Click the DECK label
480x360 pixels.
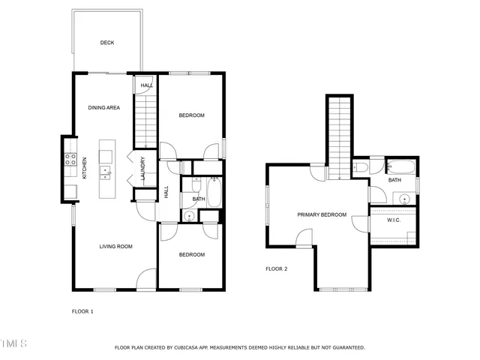[107, 43]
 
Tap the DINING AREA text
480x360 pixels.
[104, 108]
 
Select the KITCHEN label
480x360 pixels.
[85, 167]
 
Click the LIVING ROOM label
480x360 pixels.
[116, 246]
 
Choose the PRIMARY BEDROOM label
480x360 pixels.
[322, 215]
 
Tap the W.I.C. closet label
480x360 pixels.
[394, 220]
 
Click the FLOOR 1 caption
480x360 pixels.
[82, 311]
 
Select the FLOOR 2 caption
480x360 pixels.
[277, 268]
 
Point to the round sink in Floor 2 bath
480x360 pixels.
[404, 199]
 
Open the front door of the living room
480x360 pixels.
[146, 282]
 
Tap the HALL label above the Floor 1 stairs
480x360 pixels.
[147, 85]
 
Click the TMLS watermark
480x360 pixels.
[13, 343]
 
